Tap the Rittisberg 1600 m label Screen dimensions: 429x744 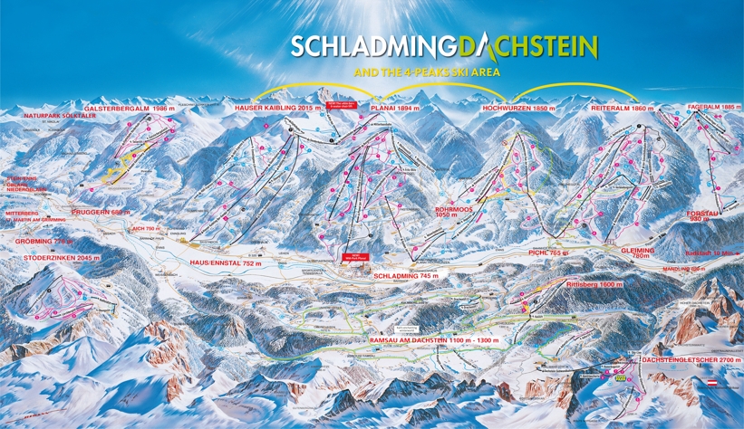[x=593, y=284]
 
